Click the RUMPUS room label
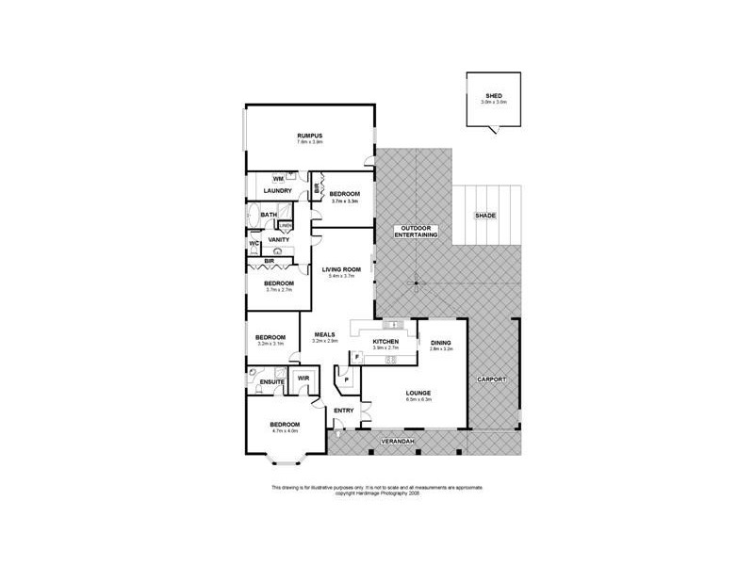310,136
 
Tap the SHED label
493,95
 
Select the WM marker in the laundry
278,178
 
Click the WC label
254,245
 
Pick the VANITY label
278,240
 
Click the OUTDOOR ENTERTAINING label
416,232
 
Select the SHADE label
484,216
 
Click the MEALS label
324,333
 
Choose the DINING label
441,343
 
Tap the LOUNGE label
418,392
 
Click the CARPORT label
492,379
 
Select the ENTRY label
344,410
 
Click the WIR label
303,379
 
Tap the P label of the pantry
347,380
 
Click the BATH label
268,216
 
